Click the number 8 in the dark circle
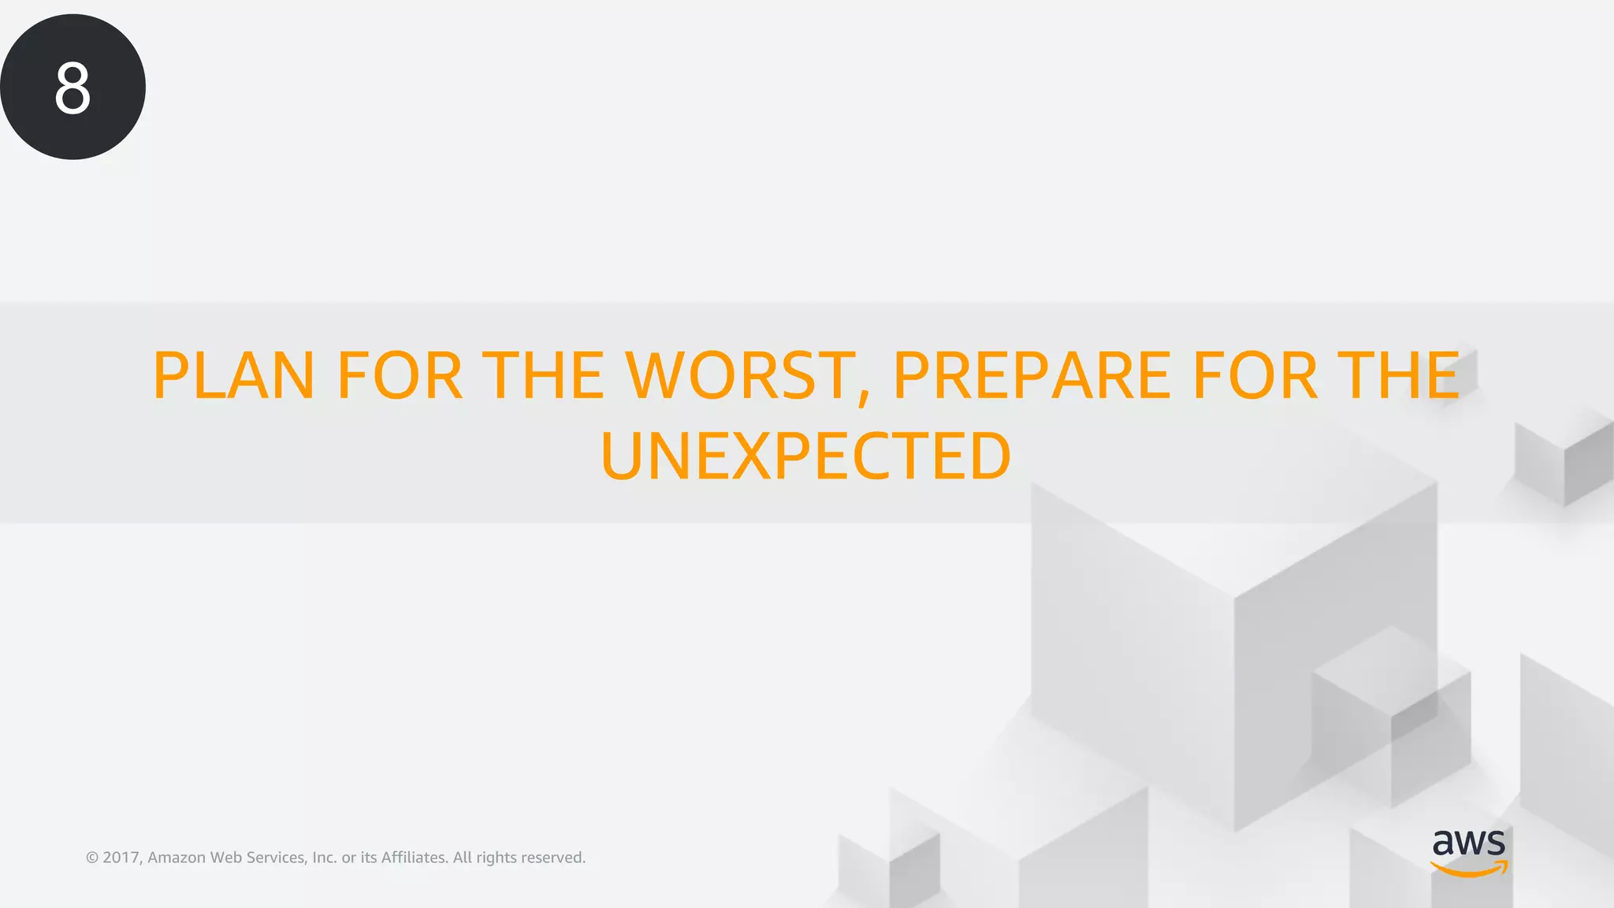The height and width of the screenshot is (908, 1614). point(73,88)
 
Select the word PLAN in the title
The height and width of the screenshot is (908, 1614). point(234,376)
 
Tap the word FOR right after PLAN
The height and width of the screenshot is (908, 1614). point(400,376)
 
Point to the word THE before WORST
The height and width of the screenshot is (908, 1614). point(543,376)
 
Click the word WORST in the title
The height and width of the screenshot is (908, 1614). point(741,376)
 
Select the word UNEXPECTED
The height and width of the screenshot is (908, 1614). point(805,457)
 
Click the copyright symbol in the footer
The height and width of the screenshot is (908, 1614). point(92,858)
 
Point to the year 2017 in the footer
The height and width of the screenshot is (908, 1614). point(122,858)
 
